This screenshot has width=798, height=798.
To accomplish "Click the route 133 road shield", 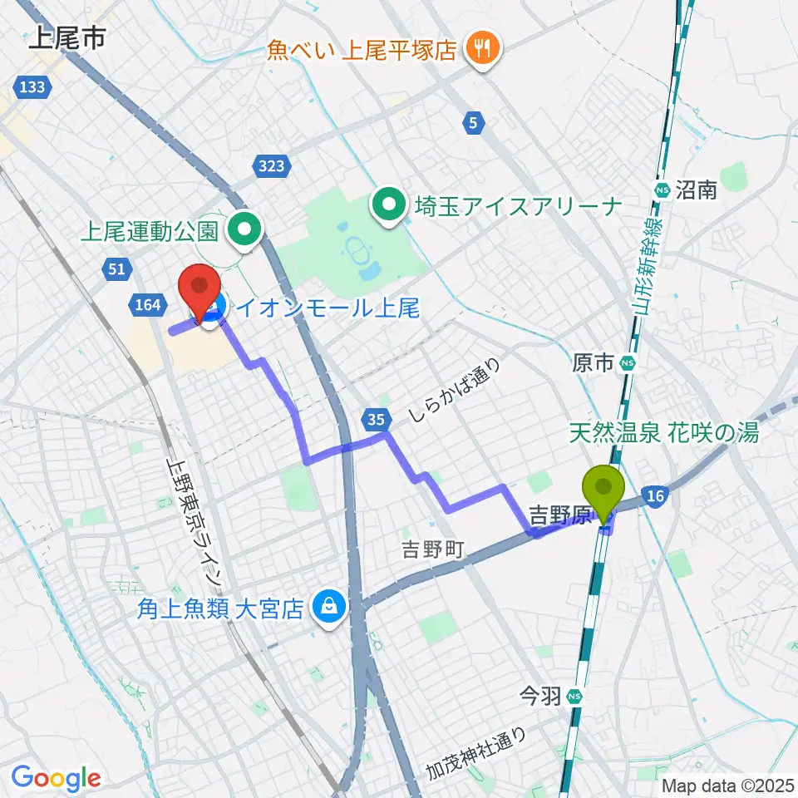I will pos(34,86).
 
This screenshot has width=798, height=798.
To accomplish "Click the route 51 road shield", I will pos(116,268).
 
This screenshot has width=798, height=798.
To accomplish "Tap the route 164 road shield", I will pos(147,305).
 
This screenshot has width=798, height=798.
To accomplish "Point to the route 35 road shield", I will pos(374,420).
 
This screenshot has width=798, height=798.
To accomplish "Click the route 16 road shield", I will pos(655,496).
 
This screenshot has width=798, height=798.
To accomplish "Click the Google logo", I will pos(56,779).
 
